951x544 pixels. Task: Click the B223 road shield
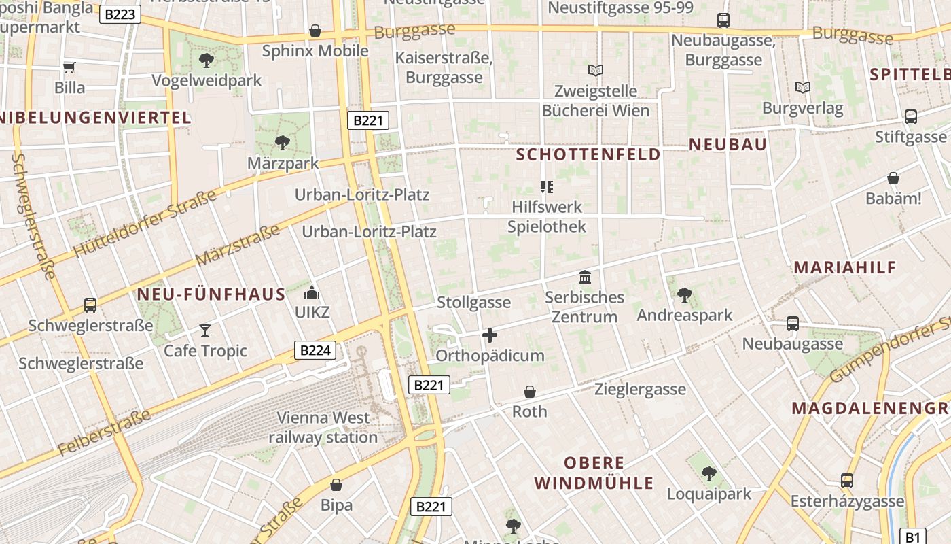pyautogui.click(x=120, y=14)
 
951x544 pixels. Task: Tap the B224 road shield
pyautogui.click(x=315, y=350)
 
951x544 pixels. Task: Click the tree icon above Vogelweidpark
pyautogui.click(x=207, y=61)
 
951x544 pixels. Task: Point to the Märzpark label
pyautogui.click(x=283, y=163)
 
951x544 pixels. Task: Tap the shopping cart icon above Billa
pyautogui.click(x=69, y=67)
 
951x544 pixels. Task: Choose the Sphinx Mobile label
pyautogui.click(x=315, y=51)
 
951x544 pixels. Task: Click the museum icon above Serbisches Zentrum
pyautogui.click(x=584, y=277)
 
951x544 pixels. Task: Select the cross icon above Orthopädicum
pyautogui.click(x=489, y=335)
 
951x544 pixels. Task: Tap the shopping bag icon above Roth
pyautogui.click(x=530, y=392)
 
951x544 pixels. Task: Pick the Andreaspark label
pyautogui.click(x=685, y=315)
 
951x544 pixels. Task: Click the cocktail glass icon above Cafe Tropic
pyautogui.click(x=205, y=330)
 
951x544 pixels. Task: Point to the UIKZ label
pyautogui.click(x=312, y=312)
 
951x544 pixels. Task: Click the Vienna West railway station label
pyautogui.click(x=323, y=427)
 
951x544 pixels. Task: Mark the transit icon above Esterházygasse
pyautogui.click(x=847, y=481)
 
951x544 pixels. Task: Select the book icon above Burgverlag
pyautogui.click(x=803, y=87)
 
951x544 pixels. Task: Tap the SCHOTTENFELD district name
pyautogui.click(x=588, y=154)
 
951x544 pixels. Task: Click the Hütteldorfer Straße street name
pyautogui.click(x=144, y=224)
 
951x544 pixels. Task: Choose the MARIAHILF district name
pyautogui.click(x=845, y=267)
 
